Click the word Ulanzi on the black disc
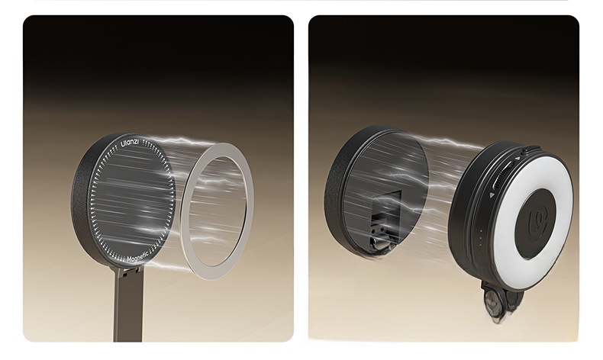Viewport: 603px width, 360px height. coord(130,142)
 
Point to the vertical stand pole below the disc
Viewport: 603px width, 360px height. coord(127,308)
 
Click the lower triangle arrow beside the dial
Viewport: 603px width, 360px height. coord(492,195)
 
